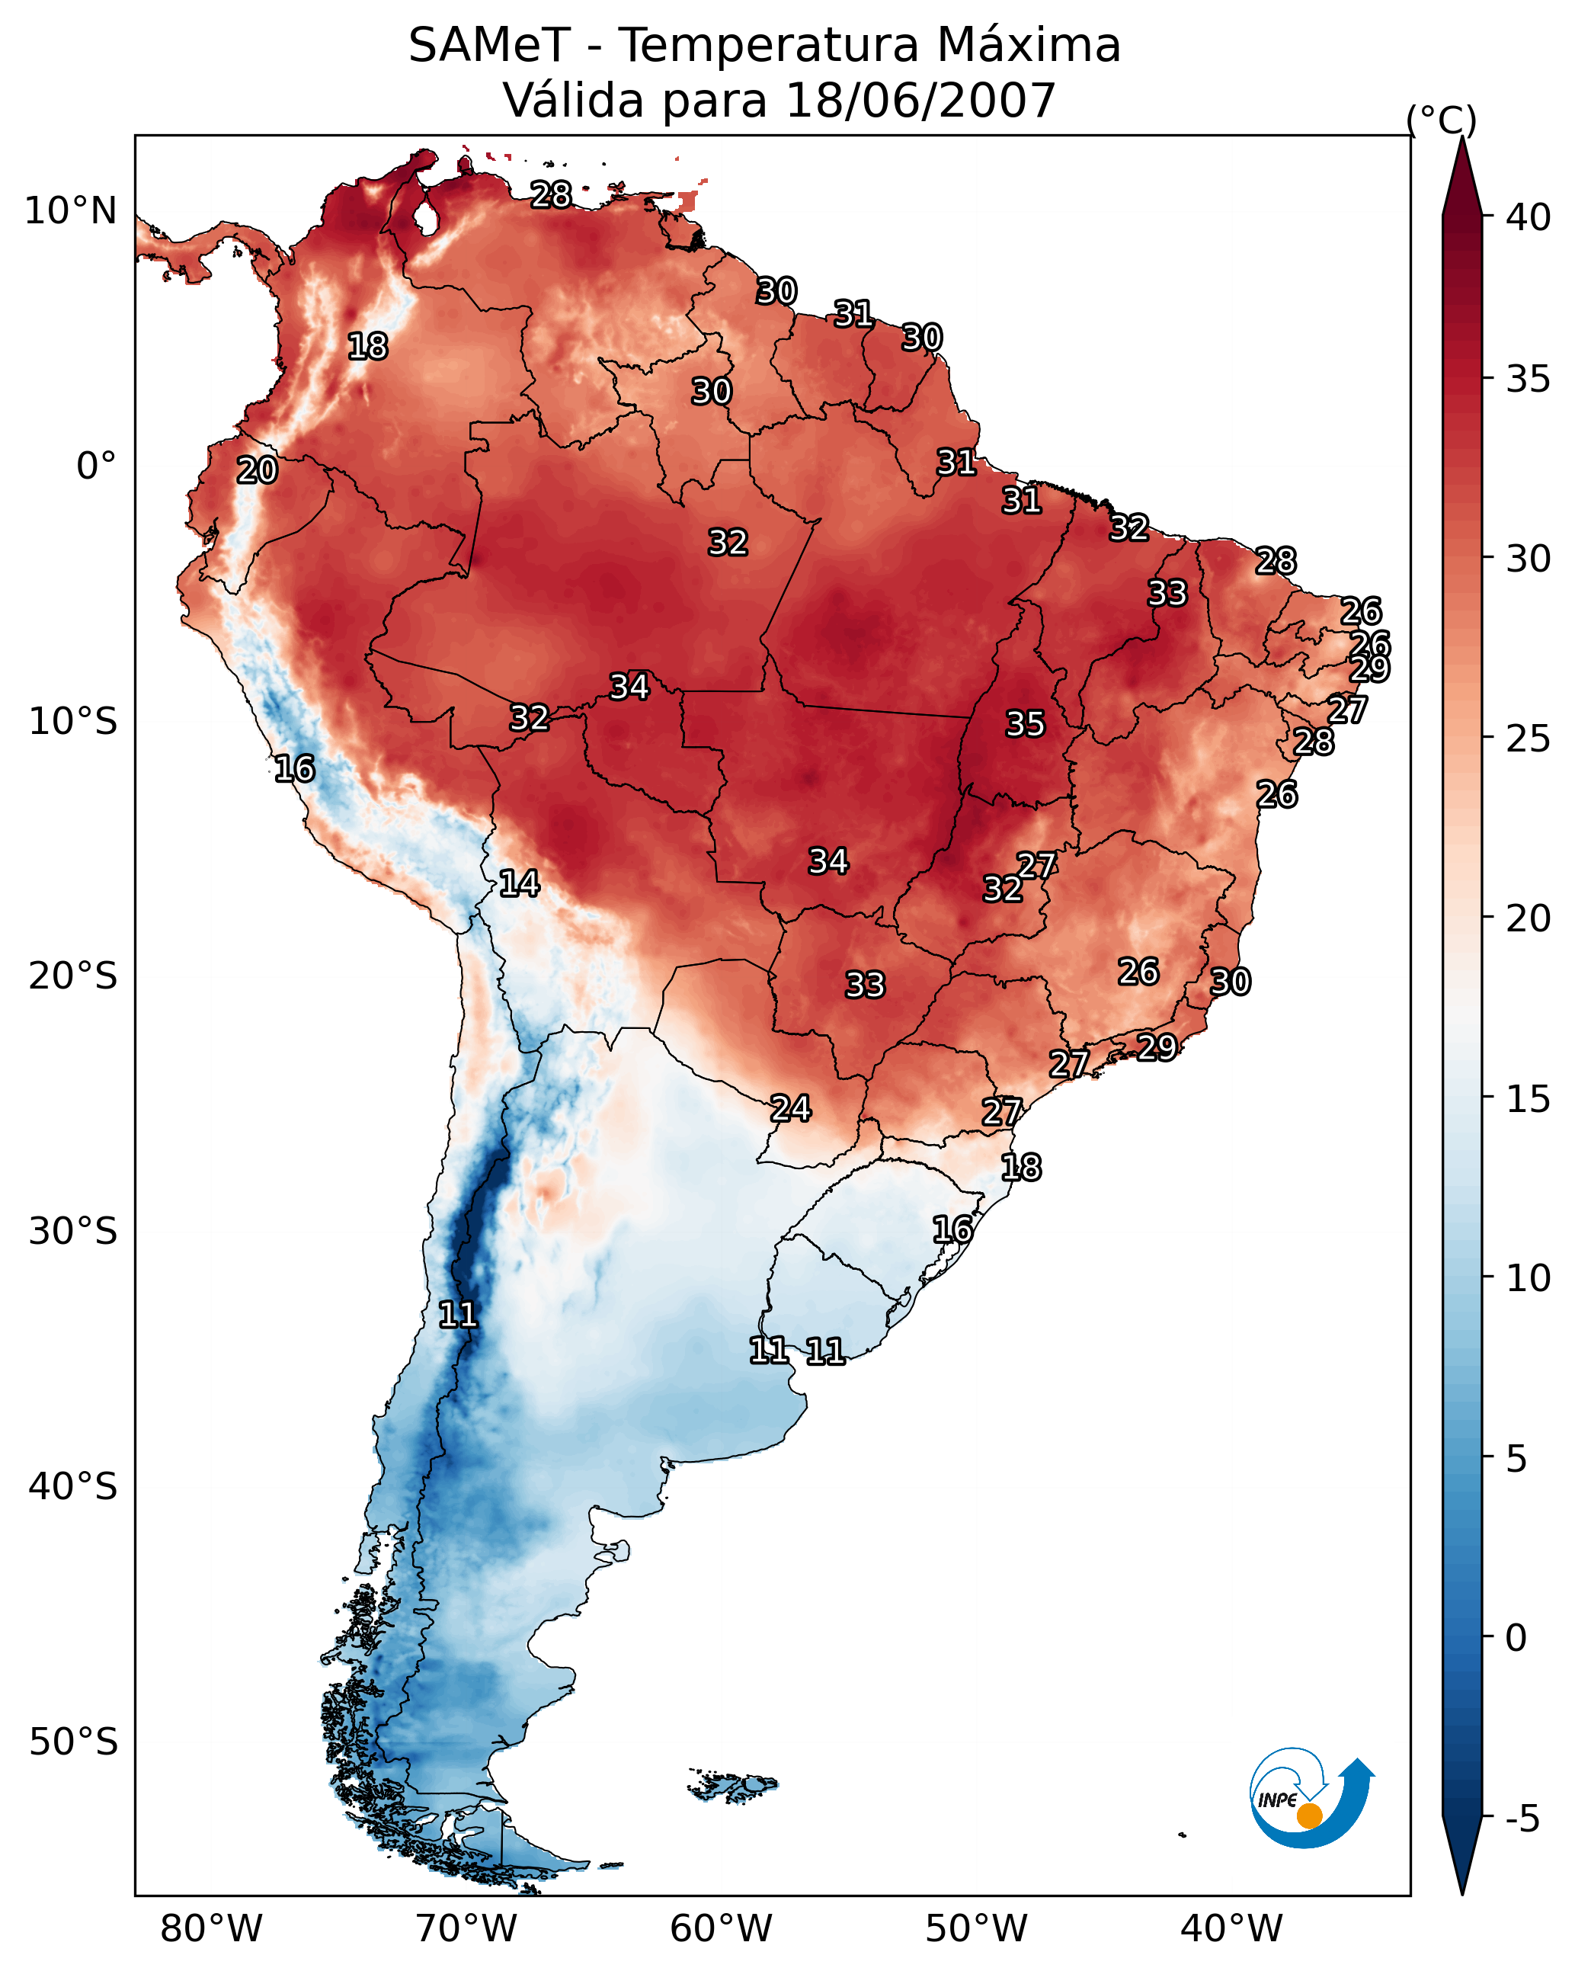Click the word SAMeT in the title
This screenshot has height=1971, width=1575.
point(489,46)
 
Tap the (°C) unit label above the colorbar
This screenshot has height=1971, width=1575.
point(1442,120)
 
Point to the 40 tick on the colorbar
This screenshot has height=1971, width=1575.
point(1529,217)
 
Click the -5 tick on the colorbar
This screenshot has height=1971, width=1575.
point(1522,1819)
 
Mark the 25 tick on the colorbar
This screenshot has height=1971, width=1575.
point(1529,739)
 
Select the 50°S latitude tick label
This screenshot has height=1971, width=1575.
point(73,1742)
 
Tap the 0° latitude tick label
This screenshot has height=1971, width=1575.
point(96,466)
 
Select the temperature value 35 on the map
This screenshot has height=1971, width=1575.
point(1025,724)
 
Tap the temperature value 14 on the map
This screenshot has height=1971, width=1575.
point(519,883)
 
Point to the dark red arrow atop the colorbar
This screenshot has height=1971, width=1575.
point(1461,178)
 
